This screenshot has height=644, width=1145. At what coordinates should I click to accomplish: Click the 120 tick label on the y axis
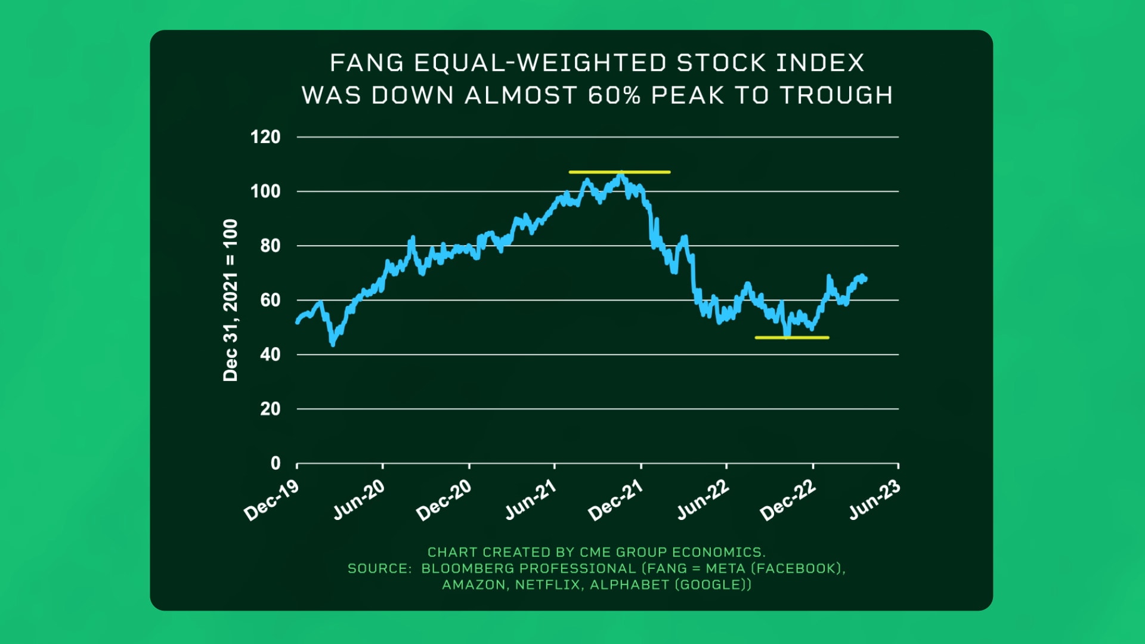[265, 137]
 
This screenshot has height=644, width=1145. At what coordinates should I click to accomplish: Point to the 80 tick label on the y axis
[270, 246]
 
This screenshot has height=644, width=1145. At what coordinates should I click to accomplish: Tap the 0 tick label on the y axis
[275, 463]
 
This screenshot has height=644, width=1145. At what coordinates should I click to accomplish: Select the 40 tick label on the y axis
[270, 355]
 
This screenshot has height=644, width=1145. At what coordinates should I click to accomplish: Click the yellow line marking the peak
[619, 172]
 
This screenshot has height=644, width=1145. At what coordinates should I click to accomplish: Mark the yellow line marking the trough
[791, 338]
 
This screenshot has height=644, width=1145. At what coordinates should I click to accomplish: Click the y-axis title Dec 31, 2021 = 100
[230, 300]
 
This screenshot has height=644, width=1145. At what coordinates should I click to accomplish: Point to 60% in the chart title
[614, 95]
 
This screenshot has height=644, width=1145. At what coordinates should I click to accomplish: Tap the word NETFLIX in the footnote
[547, 585]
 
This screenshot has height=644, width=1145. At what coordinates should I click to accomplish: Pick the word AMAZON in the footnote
[475, 585]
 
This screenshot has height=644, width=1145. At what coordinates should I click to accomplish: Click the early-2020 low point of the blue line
[332, 343]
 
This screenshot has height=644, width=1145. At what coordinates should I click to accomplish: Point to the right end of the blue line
[865, 279]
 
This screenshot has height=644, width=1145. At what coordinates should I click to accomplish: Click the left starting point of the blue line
[298, 322]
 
